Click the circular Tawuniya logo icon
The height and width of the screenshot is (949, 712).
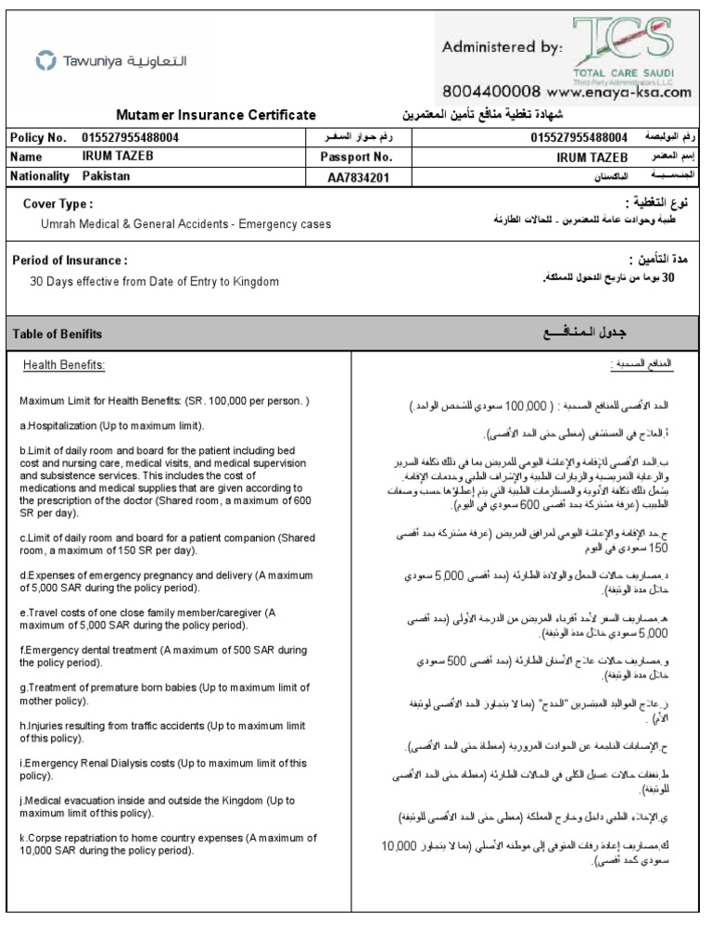pos(45,61)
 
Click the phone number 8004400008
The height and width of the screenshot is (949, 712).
pos(491,92)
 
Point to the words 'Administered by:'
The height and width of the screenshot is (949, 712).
pos(501,46)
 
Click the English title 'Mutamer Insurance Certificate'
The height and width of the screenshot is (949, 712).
pos(216,115)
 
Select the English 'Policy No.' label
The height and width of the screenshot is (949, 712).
pos(38,137)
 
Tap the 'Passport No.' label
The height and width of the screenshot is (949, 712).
pos(357,157)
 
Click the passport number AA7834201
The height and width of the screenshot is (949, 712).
pos(357,176)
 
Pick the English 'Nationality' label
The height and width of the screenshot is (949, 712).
pos(40,175)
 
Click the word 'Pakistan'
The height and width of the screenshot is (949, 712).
pos(107,175)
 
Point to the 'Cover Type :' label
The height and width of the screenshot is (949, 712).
pos(57,204)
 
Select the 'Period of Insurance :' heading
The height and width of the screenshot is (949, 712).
pos(70,260)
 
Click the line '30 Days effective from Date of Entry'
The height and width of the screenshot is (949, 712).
pos(154,281)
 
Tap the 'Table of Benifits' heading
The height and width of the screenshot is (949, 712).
pos(57,334)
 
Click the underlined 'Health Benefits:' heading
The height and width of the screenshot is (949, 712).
pos(64,365)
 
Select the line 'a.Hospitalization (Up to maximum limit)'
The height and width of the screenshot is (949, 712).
pos(112,425)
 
